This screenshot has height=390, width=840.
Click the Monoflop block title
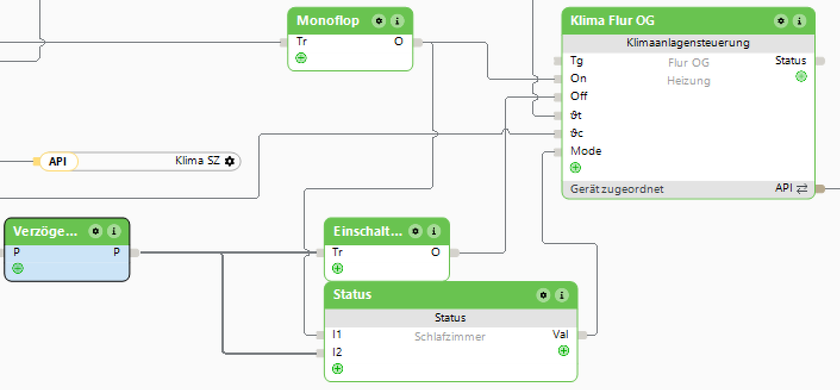328,21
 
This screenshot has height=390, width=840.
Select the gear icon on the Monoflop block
379,21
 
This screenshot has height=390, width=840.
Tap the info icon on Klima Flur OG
799,21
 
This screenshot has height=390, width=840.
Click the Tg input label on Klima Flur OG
577,61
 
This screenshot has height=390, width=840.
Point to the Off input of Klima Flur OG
579,96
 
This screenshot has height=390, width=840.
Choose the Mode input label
586,151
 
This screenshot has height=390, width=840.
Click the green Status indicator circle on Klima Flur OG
801,76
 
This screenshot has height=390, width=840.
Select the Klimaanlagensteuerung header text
688,43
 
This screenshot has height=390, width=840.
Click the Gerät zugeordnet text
617,189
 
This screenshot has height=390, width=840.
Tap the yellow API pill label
58,161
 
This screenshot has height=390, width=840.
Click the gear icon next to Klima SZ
230,161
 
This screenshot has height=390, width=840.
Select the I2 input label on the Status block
338,352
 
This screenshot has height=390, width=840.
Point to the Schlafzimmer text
449,337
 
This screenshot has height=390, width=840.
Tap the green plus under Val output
563,351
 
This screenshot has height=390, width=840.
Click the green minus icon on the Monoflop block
301,58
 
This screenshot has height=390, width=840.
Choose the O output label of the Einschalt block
435,252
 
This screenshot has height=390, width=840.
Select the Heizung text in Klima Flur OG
688,81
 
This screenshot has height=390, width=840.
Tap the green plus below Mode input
575,167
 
